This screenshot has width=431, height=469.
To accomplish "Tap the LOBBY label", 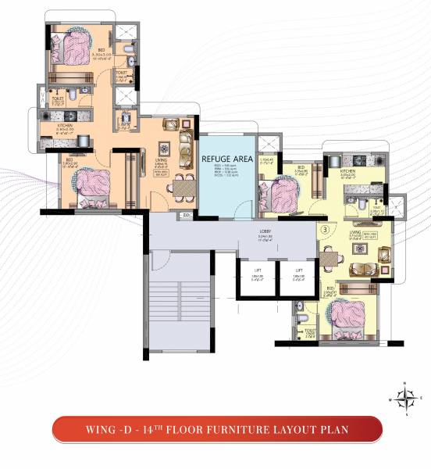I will [265, 232].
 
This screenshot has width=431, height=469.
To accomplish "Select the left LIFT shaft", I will [255, 276].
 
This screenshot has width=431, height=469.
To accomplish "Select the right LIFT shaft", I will [297, 276].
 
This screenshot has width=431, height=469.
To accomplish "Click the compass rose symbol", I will [404, 398].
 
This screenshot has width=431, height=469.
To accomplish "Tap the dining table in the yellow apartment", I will [332, 259].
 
